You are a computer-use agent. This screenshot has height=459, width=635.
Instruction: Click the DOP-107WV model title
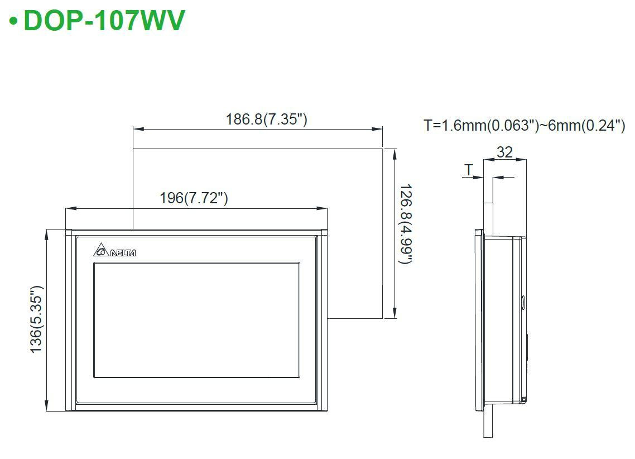[104, 20]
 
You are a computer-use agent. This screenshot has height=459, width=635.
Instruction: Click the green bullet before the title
[14, 21]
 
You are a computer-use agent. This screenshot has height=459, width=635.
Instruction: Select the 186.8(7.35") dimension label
[267, 119]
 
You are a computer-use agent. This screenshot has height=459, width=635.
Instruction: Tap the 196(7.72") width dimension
[194, 198]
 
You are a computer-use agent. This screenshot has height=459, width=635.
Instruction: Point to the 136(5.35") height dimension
[36, 319]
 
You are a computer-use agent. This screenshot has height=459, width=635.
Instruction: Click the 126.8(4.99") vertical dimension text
[406, 224]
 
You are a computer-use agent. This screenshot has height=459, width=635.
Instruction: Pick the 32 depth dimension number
[504, 152]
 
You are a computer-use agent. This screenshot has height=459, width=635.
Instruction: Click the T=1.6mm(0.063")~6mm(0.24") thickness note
[525, 125]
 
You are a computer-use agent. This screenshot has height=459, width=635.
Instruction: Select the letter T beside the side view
[469, 169]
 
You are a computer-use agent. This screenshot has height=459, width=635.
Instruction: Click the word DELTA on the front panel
[123, 253]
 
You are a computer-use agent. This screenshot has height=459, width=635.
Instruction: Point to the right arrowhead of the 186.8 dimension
[377, 129]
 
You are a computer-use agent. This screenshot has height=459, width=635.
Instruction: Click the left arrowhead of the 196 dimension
[71, 209]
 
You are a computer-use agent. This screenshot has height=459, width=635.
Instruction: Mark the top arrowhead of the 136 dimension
[47, 235]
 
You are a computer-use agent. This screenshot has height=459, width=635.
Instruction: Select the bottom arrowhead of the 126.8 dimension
[395, 313]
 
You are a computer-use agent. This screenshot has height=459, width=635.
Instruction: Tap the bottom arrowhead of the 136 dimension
[47, 405]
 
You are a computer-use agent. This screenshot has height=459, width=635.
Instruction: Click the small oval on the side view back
[523, 302]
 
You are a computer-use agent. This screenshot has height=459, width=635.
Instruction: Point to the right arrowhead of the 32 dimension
[521, 160]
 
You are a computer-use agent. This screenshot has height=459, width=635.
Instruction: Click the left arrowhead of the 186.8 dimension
[138, 129]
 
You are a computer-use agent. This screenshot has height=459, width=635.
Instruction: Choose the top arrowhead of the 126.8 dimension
[395, 154]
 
